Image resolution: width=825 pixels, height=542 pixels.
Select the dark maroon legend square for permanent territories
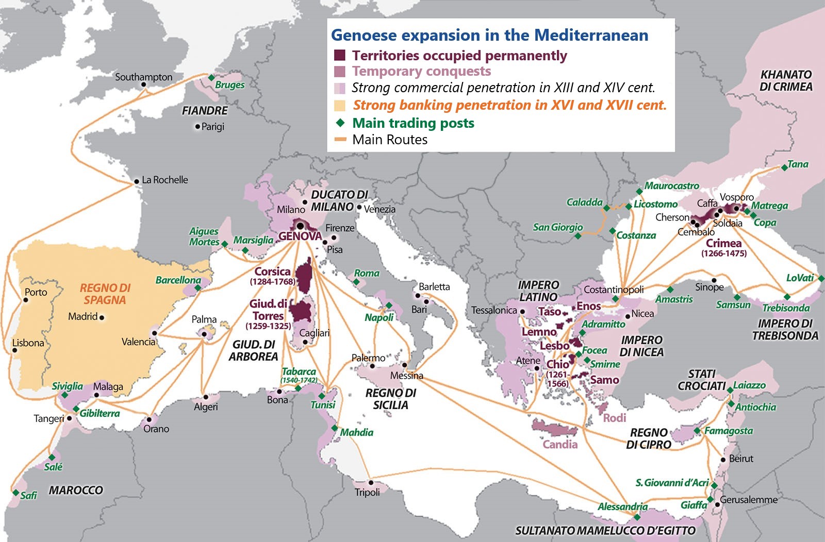339,55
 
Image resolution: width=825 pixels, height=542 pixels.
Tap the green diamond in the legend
340,123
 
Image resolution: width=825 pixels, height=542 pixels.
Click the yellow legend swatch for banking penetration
339,106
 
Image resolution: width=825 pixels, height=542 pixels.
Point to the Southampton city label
143,77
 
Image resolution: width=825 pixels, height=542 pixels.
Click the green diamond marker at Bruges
211,78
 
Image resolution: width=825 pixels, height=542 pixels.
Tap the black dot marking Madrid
102,317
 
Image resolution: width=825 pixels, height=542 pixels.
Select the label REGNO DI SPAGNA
105,294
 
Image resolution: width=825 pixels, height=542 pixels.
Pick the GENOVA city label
300,236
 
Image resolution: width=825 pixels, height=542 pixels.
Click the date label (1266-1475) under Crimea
723,253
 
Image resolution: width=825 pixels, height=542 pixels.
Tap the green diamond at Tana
784,167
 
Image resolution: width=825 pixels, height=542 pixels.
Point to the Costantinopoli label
614,290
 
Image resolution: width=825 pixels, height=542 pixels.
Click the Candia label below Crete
559,444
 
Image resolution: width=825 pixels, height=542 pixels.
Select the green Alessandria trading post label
622,506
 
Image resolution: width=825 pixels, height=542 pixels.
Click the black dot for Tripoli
371,483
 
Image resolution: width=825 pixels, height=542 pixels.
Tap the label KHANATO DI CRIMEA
785,81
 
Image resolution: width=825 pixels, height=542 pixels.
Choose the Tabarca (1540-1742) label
299,375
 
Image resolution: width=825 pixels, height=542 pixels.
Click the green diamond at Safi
16,493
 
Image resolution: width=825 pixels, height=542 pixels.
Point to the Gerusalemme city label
748,500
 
